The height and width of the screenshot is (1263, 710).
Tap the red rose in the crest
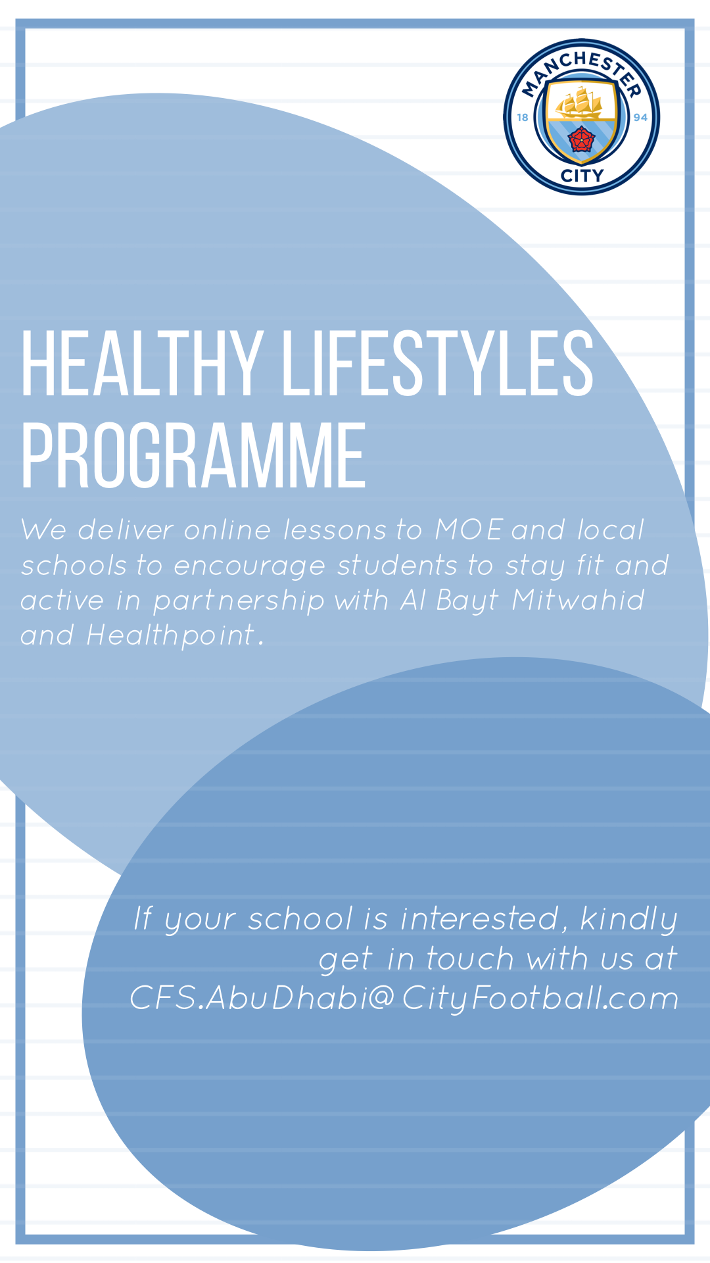point(580,139)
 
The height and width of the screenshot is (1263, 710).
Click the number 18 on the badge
point(523,117)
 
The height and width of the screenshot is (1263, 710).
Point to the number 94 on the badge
point(640,117)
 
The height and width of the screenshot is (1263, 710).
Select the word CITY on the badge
point(582,176)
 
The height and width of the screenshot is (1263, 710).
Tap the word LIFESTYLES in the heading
point(438,364)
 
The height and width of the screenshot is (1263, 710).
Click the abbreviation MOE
point(469,530)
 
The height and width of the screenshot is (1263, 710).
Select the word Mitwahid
point(578,600)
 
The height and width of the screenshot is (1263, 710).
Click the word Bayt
point(467,601)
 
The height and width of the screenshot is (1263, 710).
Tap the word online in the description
point(227,530)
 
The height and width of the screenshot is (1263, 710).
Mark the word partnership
point(239,601)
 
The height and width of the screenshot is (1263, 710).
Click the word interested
point(480,918)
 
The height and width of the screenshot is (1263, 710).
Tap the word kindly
point(629,920)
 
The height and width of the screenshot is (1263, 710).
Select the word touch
point(470,958)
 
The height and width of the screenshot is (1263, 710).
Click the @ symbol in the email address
point(381,998)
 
